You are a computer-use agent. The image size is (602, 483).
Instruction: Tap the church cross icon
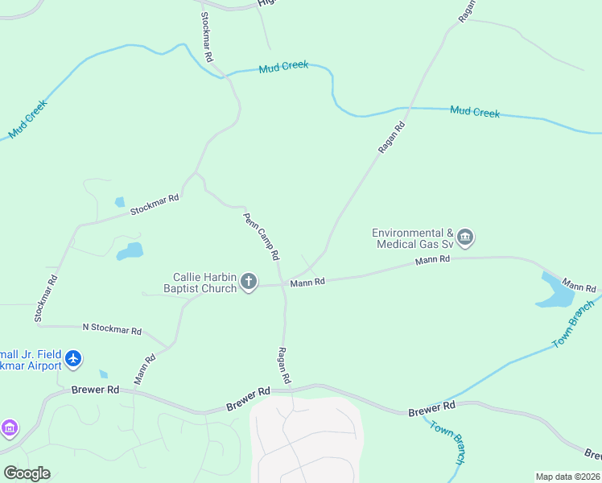pos(249,282)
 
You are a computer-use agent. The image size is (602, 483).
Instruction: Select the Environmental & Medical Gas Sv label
pos(413,238)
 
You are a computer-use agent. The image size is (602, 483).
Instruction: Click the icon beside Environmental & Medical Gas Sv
pos(465,237)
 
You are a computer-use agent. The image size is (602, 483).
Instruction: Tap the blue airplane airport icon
pos(74,358)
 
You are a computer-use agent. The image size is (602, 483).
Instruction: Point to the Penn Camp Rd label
pos(262,235)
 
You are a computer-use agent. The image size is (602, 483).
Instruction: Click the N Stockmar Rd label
pos(112,329)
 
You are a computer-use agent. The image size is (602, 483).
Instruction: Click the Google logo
pos(27,473)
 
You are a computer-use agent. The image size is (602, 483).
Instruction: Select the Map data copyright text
pos(567,477)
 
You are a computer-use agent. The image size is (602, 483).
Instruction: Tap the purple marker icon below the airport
pos(9,427)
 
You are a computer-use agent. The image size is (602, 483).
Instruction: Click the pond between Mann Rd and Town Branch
pos(556,293)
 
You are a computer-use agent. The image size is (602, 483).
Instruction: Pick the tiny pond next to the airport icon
pos(103,374)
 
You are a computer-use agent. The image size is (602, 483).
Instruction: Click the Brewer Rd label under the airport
pos(95,390)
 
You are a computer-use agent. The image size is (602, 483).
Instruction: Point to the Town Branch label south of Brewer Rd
pos(447,443)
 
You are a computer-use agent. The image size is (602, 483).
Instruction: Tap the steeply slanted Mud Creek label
pos(28,118)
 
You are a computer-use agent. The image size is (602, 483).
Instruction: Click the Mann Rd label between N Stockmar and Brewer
pos(144,369)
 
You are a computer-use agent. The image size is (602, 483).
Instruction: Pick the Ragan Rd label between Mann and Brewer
pos(283,364)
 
